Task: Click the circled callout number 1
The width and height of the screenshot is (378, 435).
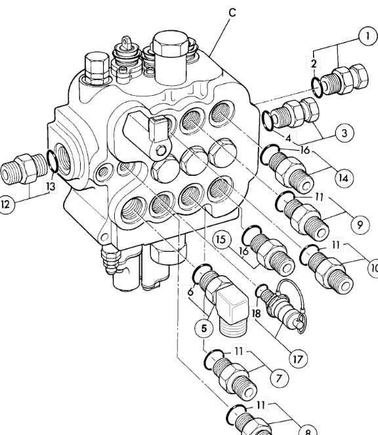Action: click(367, 37)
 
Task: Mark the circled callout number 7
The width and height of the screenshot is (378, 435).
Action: click(278, 378)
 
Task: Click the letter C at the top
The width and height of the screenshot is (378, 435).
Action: click(232, 11)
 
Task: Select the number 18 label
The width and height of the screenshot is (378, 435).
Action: click(256, 314)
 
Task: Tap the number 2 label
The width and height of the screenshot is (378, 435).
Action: click(314, 63)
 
